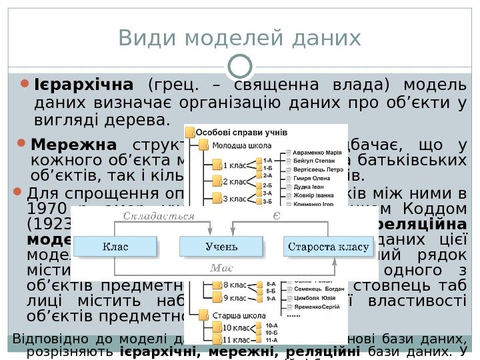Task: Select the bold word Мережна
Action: coord(73,145)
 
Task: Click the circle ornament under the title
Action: coord(240,65)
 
